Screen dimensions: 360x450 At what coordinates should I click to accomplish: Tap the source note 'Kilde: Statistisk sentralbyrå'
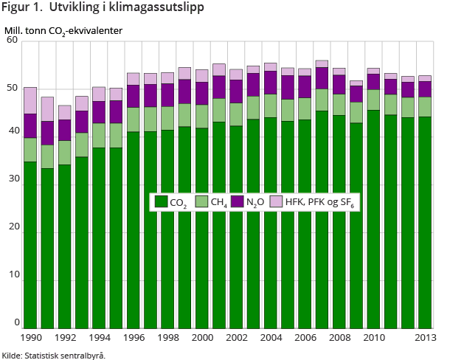click(53, 355)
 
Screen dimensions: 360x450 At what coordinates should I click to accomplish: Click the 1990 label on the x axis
click(30, 338)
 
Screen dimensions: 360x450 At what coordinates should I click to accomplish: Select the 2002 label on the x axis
click(236, 338)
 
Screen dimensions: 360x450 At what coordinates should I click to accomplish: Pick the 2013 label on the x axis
click(424, 338)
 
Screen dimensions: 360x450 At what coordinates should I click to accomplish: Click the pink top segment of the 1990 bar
click(30, 100)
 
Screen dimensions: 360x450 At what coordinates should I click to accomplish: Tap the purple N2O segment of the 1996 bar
click(133, 96)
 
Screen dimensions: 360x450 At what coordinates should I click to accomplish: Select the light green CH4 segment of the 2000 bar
click(201, 117)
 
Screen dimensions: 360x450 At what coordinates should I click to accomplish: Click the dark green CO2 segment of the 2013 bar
click(424, 221)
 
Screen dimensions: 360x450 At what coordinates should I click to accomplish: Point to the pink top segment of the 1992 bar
click(64, 112)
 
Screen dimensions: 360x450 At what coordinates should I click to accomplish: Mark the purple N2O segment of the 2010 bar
click(373, 81)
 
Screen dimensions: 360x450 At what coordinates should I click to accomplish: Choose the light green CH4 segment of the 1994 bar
click(99, 135)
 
